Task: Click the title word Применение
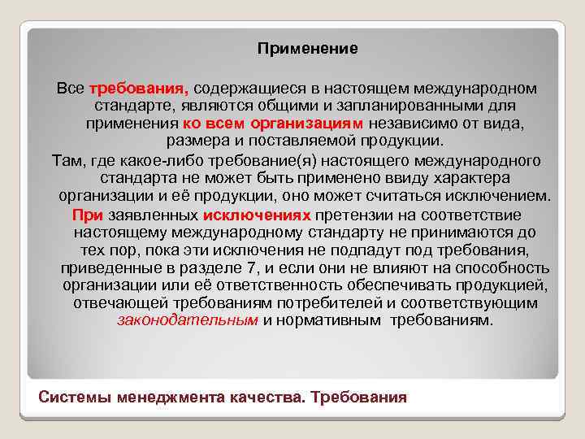307,49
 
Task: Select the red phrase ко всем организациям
274,124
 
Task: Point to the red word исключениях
258,215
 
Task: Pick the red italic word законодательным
188,320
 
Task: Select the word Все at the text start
71,88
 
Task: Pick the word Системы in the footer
76,398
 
